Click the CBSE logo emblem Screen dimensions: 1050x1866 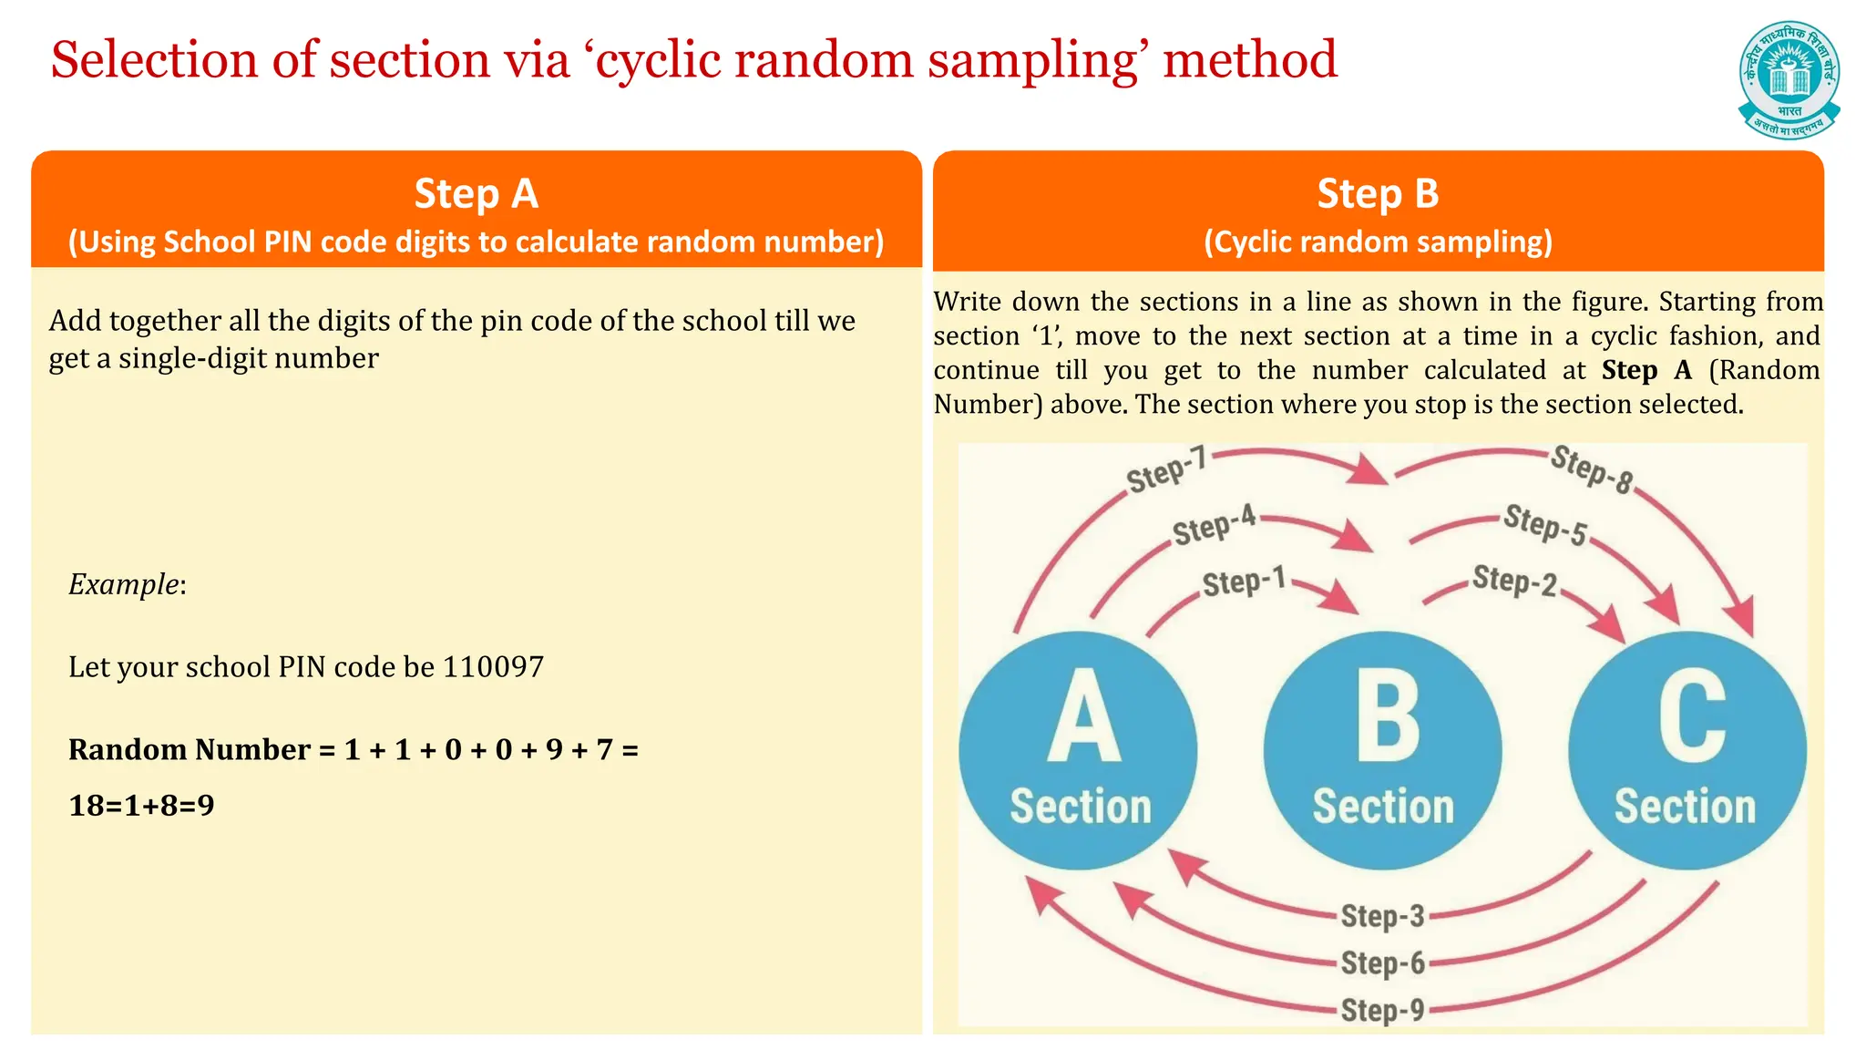point(1789,80)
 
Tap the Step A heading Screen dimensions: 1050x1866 point(476,194)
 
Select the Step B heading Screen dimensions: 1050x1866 point(1378,194)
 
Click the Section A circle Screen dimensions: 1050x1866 point(1079,750)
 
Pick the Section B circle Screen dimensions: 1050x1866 point(1382,750)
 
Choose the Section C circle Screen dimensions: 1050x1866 point(1687,750)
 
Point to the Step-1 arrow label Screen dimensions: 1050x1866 point(1244,582)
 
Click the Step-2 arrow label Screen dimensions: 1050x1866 point(1515,581)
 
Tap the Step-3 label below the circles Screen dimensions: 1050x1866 point(1382,916)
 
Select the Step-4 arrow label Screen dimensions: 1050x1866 point(1215,526)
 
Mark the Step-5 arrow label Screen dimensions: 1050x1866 point(1545,524)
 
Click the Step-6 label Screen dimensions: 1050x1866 point(1382,962)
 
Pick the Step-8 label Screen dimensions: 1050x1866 point(1592,469)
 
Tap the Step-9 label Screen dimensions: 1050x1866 point(1382,1010)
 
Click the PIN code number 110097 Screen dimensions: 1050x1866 point(493,667)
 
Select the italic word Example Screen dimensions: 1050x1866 point(125,584)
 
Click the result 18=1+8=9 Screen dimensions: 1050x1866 point(141,806)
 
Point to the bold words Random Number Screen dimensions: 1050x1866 point(190,749)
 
